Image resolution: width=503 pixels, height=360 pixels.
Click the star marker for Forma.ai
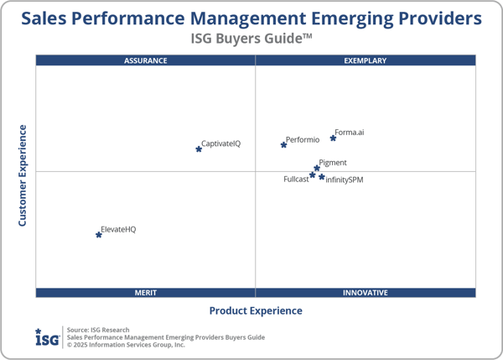tap(333, 138)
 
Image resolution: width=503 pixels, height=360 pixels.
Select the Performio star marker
tap(283, 145)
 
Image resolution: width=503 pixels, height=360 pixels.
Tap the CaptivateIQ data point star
tap(199, 149)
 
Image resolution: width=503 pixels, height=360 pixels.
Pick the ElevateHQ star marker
tap(99, 235)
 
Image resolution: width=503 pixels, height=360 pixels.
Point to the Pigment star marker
tap(317, 169)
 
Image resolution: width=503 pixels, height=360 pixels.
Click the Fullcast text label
tap(296, 180)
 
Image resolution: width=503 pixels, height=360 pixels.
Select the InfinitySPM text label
tap(345, 180)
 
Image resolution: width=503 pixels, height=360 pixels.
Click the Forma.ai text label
tap(350, 133)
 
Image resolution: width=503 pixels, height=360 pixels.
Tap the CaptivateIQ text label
tap(221, 143)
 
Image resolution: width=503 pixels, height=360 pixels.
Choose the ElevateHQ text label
tap(118, 229)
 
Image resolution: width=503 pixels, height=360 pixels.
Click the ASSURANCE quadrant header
tap(146, 60)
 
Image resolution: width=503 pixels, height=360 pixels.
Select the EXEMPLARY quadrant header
tap(366, 60)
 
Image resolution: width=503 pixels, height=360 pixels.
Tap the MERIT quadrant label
tap(146, 293)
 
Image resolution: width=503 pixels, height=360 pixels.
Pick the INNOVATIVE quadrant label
tap(366, 293)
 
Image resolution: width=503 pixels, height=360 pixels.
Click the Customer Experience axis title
tap(23, 175)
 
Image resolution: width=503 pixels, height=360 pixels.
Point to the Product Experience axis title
tap(256, 310)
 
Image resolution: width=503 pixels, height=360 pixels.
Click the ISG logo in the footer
tap(47, 337)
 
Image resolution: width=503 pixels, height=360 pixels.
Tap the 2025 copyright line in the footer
tap(126, 344)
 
